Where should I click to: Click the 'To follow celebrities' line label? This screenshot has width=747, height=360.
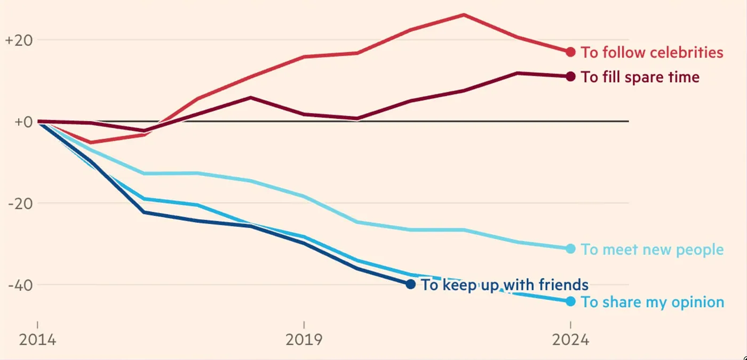(652, 52)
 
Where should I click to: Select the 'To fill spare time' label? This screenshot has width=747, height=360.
(640, 77)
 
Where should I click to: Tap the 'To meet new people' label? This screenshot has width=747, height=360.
(652, 249)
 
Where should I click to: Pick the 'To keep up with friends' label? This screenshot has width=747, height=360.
(504, 285)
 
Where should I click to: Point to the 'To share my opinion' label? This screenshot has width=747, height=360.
(652, 302)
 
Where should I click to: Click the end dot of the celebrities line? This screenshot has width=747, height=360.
(570, 52)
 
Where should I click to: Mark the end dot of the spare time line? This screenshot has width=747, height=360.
(570, 76)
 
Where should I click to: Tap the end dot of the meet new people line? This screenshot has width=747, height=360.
(570, 249)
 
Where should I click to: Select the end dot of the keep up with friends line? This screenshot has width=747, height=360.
(410, 284)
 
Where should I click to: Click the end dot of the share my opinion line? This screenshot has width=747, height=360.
(570, 301)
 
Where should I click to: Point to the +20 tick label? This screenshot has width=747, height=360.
(19, 41)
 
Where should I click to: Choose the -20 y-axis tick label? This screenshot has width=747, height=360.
(19, 203)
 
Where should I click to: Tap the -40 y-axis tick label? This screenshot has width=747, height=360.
(19, 285)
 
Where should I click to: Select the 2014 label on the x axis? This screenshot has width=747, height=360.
(37, 340)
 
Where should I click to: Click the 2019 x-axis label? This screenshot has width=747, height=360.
(304, 340)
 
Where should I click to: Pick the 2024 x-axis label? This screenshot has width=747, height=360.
(570, 340)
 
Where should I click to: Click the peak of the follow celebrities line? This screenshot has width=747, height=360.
(464, 14)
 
